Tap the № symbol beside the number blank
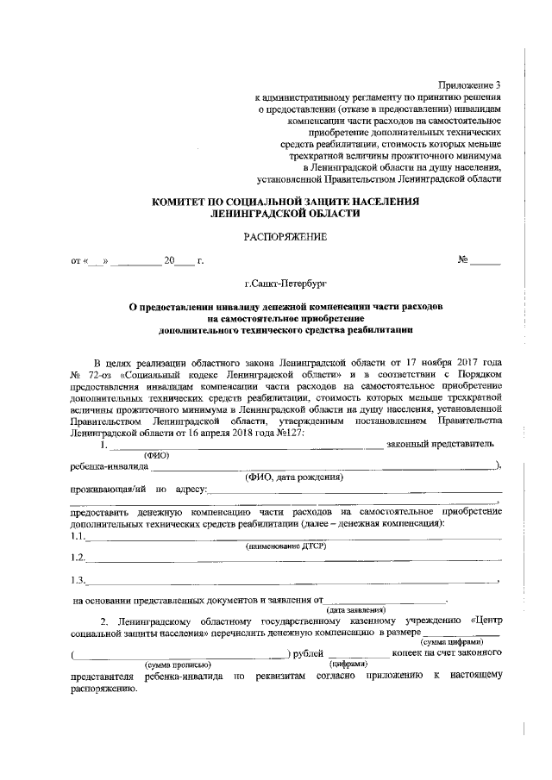pos(462,259)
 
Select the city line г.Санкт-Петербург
pos(285,282)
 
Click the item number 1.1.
pos(78,536)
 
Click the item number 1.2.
pos(78,558)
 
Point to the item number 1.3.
pos(78,579)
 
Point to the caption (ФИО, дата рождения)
pos(294,477)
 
